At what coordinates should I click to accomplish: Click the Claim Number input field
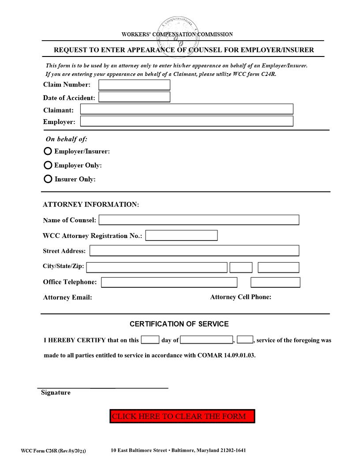(x=134, y=85)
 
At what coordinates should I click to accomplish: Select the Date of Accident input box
(x=134, y=97)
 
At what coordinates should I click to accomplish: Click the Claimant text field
(x=186, y=109)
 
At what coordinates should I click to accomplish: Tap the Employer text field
(x=186, y=121)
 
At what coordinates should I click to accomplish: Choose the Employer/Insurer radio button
(x=48, y=151)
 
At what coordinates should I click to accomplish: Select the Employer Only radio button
(x=48, y=165)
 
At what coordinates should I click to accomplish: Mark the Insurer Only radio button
(x=48, y=179)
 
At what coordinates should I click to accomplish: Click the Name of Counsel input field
(x=199, y=220)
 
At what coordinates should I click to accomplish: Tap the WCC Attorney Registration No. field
(x=181, y=236)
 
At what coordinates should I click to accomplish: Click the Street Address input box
(x=194, y=251)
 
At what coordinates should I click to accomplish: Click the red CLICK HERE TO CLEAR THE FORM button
(x=182, y=416)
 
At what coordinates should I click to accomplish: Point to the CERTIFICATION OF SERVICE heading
(x=179, y=324)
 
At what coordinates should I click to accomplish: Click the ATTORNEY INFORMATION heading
(x=91, y=205)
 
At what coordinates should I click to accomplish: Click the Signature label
(x=56, y=393)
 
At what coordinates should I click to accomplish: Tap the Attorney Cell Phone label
(x=240, y=297)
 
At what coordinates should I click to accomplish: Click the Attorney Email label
(x=67, y=297)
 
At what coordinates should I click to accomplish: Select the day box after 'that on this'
(x=150, y=340)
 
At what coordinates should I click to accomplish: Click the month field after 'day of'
(x=206, y=340)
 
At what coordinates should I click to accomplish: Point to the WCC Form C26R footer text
(x=53, y=451)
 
